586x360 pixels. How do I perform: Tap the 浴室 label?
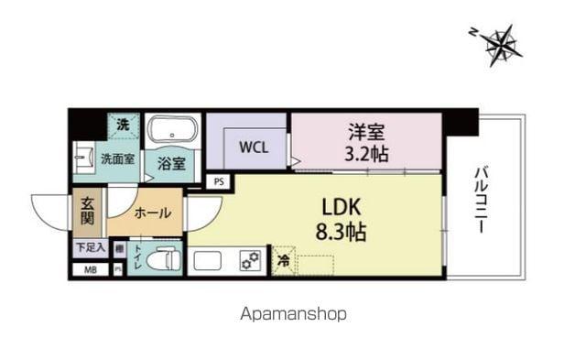[171, 165]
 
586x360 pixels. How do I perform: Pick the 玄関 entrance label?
[88, 213]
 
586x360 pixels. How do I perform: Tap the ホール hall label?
[152, 213]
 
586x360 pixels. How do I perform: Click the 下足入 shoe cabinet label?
[90, 247]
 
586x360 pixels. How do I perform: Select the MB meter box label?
[90, 269]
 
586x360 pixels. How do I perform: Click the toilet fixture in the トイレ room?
[163, 259]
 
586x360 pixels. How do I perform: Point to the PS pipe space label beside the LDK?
[218, 181]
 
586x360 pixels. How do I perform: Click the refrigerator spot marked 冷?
[283, 260]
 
